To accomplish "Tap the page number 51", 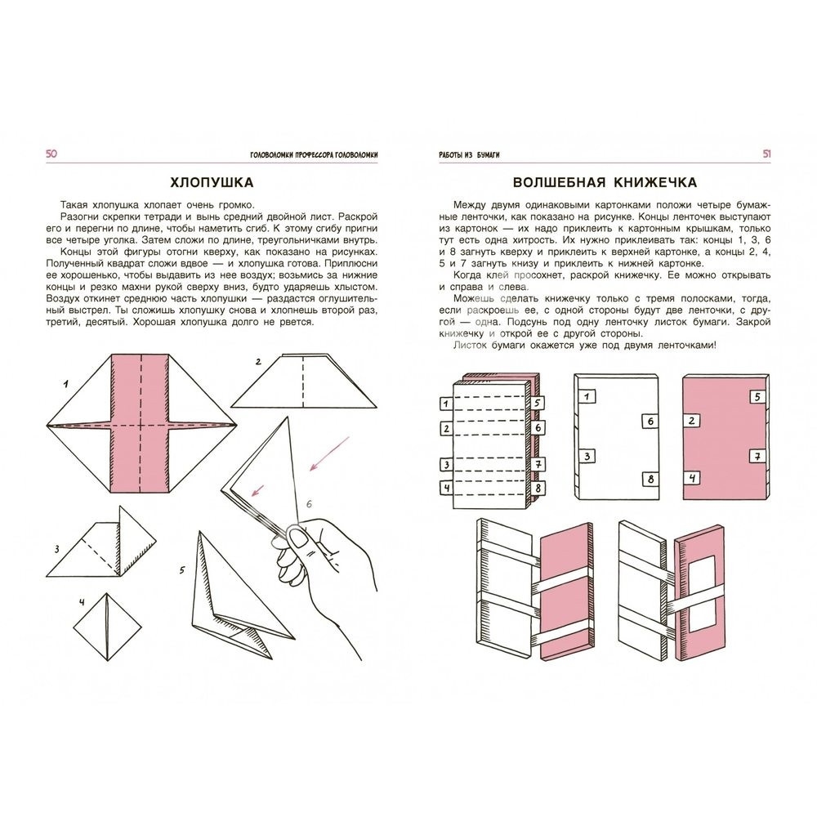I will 767,154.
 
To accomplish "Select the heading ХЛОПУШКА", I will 208,181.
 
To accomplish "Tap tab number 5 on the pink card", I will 757,397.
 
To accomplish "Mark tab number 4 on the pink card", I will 691,479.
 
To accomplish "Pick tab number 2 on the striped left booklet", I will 445,427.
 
